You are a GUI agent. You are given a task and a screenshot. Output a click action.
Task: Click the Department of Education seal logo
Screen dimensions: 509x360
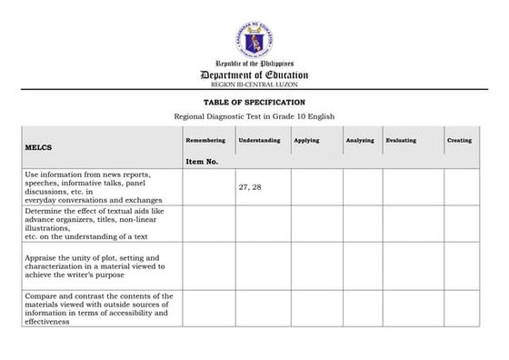click(254, 40)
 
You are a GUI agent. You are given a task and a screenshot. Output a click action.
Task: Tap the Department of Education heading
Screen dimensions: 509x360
click(254, 75)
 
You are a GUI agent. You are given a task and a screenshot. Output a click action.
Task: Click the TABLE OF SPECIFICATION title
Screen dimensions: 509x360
click(254, 102)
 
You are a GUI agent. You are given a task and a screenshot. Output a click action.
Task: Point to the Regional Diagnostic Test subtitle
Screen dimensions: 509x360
click(254, 117)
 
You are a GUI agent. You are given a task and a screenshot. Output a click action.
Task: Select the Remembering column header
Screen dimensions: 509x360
click(205, 140)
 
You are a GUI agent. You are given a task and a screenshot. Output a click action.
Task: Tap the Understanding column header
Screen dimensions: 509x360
click(259, 140)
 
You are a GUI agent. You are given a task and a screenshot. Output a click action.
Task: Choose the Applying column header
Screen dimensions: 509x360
click(306, 140)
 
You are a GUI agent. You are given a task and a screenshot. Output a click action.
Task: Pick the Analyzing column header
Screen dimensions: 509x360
click(360, 140)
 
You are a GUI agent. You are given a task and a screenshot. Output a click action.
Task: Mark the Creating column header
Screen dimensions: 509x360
click(459, 140)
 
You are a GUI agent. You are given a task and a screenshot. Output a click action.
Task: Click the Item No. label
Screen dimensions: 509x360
click(201, 161)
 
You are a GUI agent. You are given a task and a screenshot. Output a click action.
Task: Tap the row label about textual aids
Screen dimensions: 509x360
click(99, 223)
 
